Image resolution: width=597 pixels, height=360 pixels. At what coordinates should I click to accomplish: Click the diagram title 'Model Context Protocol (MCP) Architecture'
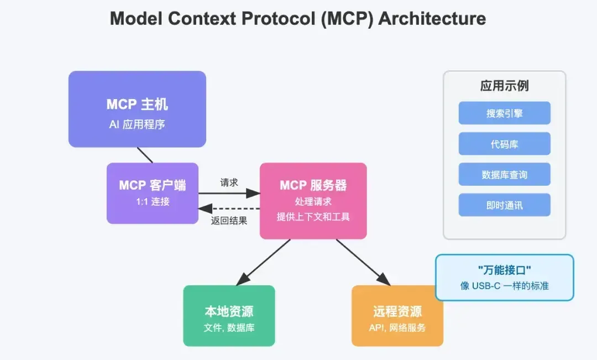pos(298,19)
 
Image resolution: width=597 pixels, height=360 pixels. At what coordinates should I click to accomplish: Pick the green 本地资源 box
pos(229,316)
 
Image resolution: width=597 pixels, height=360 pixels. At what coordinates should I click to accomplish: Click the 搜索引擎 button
pos(504,113)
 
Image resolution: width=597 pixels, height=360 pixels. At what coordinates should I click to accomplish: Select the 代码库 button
pos(504,144)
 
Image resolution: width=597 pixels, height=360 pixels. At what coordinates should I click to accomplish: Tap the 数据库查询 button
pos(504,175)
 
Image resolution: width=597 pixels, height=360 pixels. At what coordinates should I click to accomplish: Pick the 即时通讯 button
pos(504,205)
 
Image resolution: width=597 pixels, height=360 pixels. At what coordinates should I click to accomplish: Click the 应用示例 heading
pos(504,86)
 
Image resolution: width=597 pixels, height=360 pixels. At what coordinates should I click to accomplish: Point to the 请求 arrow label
pos(229,182)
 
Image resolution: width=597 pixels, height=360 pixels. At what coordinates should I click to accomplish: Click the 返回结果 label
pos(229,220)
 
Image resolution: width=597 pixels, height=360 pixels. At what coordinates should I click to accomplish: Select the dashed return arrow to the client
pos(232,208)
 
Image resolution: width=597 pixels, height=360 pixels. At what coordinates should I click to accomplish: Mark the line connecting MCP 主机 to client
pos(145,155)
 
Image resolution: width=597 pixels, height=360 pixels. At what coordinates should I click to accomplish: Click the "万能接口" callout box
pos(504,277)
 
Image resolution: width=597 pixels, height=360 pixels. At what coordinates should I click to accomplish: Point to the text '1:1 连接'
pos(153,202)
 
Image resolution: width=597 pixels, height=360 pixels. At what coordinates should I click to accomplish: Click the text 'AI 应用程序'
pos(137,124)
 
